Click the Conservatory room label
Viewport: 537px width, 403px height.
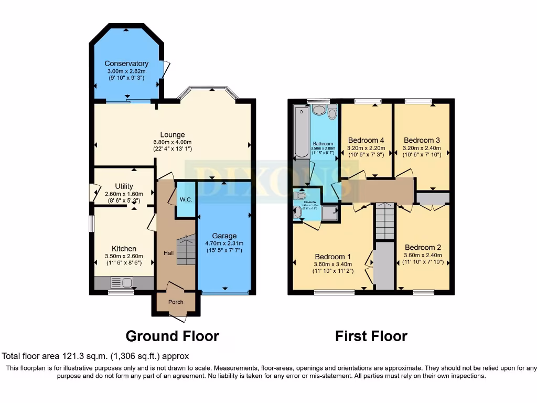tap(126, 63)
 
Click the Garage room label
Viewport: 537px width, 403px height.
tap(224, 236)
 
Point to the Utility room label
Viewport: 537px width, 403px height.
tap(124, 186)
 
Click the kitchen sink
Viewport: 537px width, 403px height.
tap(126, 283)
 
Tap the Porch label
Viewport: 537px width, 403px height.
tap(176, 302)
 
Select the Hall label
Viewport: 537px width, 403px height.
tap(168, 253)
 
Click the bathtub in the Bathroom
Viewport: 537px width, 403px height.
tap(301, 132)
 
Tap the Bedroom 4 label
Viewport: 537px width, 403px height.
tap(366, 140)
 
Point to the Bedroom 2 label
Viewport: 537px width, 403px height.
tap(423, 247)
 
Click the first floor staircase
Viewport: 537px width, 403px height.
tap(385, 221)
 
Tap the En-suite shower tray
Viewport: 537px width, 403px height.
tap(329, 211)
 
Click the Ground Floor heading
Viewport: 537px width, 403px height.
tap(172, 335)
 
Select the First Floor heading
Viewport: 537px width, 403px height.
tap(371, 335)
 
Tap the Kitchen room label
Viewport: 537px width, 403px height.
tap(124, 248)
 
